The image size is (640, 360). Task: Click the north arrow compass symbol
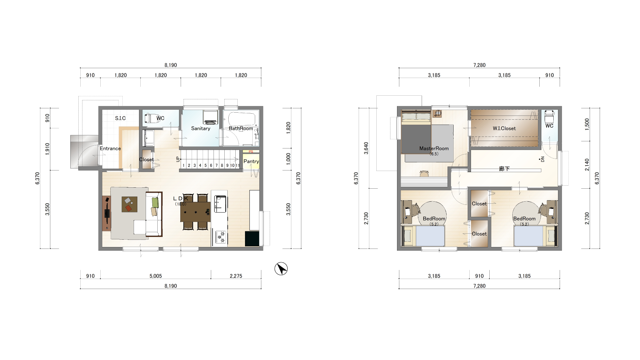(281, 269)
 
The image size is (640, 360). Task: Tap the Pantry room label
(251, 161)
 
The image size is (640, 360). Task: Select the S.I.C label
(120, 118)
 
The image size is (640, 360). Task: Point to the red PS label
(251, 152)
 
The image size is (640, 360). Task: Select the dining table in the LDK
(195, 212)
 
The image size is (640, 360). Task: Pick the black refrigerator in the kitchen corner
(252, 239)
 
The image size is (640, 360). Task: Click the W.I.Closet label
(504, 128)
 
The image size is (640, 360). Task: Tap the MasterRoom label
(434, 148)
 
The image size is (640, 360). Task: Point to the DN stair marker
(542, 159)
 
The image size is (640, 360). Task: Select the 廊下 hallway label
(504, 169)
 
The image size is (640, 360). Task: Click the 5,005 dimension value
(156, 276)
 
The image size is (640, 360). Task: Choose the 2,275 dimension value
(236, 276)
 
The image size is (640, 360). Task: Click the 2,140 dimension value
(587, 165)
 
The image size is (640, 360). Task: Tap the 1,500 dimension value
(587, 124)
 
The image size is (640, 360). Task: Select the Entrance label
(110, 148)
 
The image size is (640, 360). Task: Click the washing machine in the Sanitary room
(211, 117)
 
